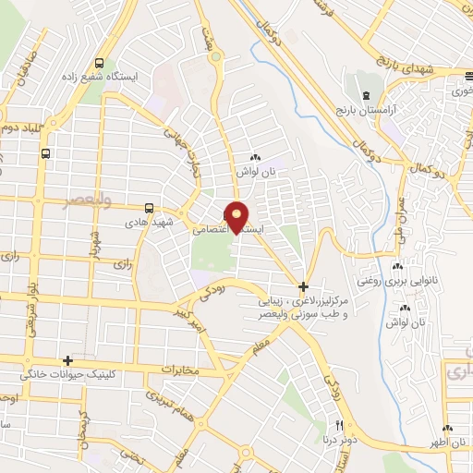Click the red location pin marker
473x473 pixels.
236,216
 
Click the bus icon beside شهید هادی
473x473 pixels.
150,209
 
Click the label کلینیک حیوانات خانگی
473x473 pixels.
68,375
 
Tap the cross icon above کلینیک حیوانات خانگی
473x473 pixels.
67,360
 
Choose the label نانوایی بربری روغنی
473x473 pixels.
396,278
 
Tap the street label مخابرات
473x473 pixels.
181,370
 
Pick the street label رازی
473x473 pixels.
122,264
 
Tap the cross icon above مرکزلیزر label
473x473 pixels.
303,286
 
